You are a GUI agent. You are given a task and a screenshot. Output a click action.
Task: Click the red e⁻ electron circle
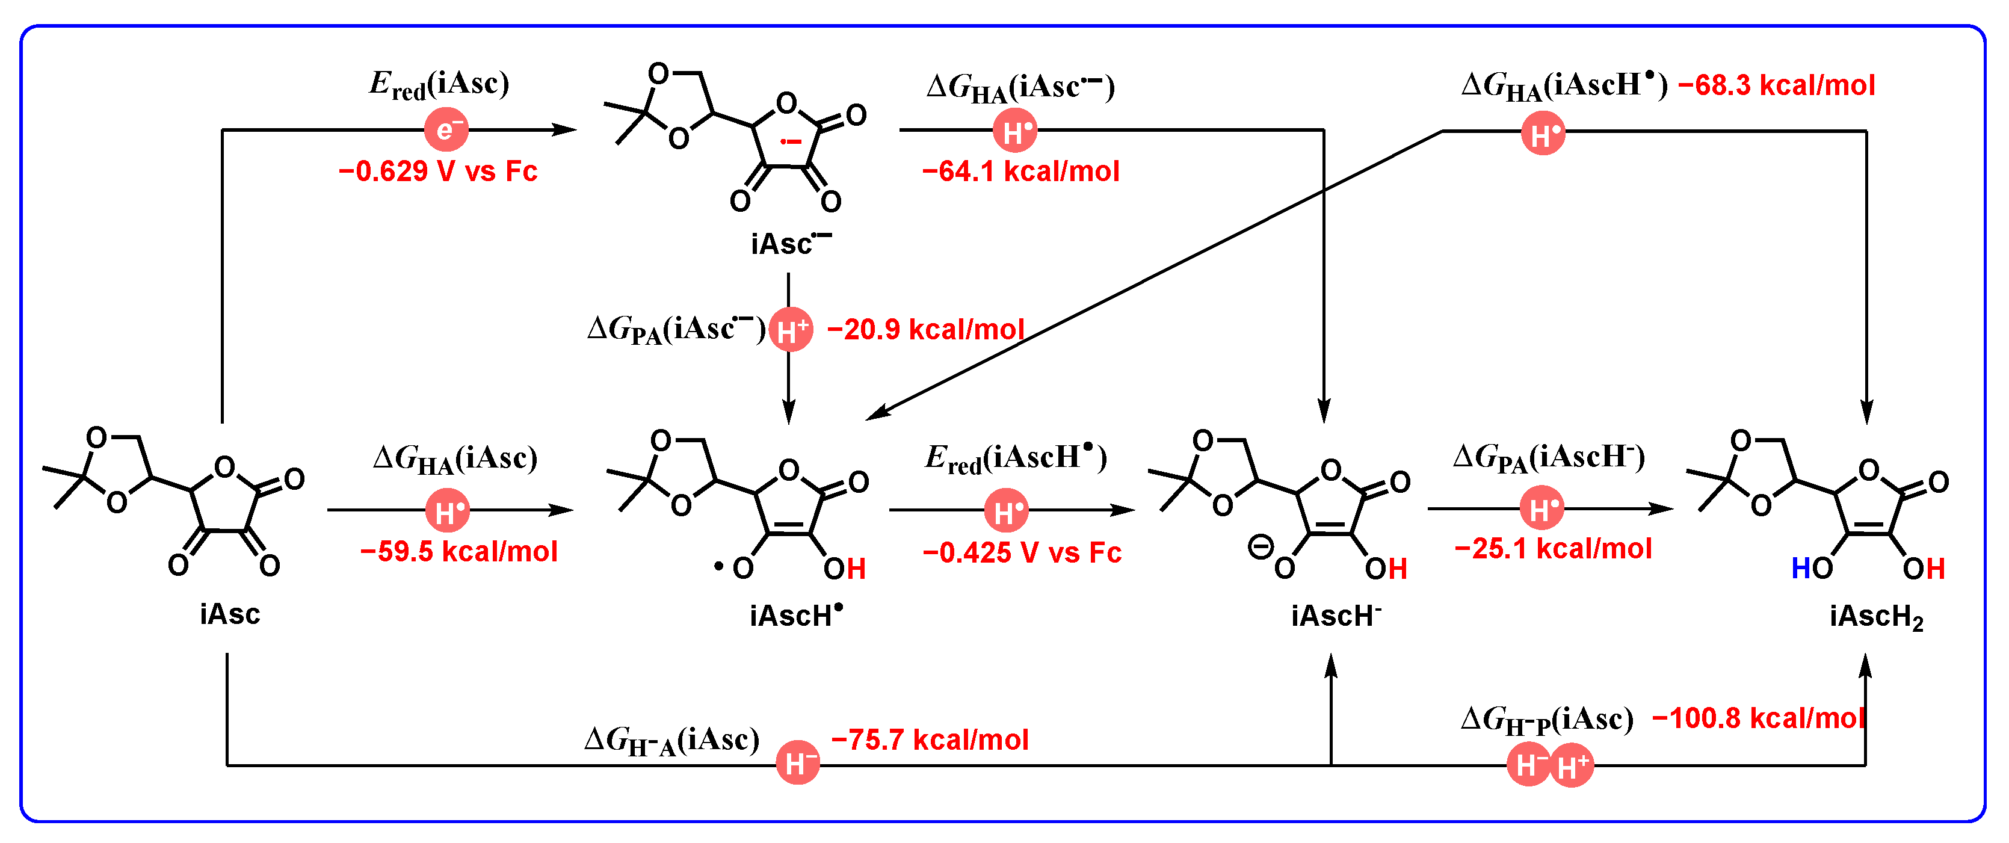[x=445, y=129]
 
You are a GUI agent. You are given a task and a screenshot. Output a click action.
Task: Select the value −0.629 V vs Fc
[x=437, y=171]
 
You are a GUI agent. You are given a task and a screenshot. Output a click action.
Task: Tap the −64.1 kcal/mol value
[x=1020, y=171]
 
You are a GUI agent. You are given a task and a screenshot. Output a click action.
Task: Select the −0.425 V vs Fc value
[x=1022, y=553]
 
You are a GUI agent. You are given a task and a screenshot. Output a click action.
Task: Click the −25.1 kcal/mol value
[x=1553, y=549]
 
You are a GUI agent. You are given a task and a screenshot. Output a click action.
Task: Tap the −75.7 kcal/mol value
[x=930, y=740]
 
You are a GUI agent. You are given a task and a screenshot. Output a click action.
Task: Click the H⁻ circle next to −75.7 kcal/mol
[x=797, y=764]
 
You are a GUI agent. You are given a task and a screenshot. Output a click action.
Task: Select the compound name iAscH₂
[x=1875, y=617]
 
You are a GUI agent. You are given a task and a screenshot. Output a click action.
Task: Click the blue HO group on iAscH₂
[x=1811, y=569]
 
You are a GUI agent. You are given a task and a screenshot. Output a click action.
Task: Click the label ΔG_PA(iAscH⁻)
[x=1549, y=458]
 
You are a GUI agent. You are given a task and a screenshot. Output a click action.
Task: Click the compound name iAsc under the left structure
[x=229, y=614]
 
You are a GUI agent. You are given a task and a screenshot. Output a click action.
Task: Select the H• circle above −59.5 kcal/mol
[x=448, y=511]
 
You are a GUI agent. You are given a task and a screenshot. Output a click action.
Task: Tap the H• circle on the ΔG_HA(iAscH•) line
[x=1543, y=134]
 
